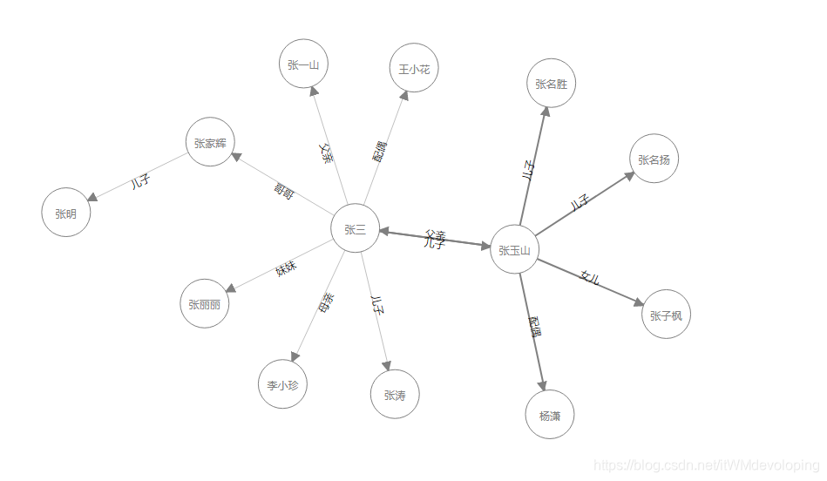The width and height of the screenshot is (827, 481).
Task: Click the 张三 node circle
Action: [x=356, y=229]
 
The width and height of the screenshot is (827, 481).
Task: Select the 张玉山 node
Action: [x=515, y=249]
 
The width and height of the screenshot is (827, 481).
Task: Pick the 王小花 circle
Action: [x=414, y=68]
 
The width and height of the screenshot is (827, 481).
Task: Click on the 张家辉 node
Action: [x=210, y=142]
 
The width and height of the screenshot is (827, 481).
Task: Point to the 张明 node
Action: [x=66, y=212]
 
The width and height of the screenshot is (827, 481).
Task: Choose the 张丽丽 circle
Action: [x=204, y=304]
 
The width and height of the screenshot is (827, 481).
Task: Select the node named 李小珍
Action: [x=283, y=383]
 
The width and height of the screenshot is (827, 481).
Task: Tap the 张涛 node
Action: [x=395, y=394]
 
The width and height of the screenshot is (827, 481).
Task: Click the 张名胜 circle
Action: [x=552, y=84]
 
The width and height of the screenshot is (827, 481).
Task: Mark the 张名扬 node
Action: [x=654, y=159]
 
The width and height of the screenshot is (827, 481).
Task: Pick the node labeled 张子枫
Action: [x=666, y=315]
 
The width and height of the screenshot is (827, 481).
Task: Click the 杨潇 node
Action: [x=550, y=415]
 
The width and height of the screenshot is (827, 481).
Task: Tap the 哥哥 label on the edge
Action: [x=284, y=193]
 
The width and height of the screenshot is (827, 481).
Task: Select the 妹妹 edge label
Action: [x=286, y=268]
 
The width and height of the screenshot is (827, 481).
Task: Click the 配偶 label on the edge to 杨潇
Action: [x=535, y=326]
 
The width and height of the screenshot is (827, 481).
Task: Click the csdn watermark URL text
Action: [x=703, y=467]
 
